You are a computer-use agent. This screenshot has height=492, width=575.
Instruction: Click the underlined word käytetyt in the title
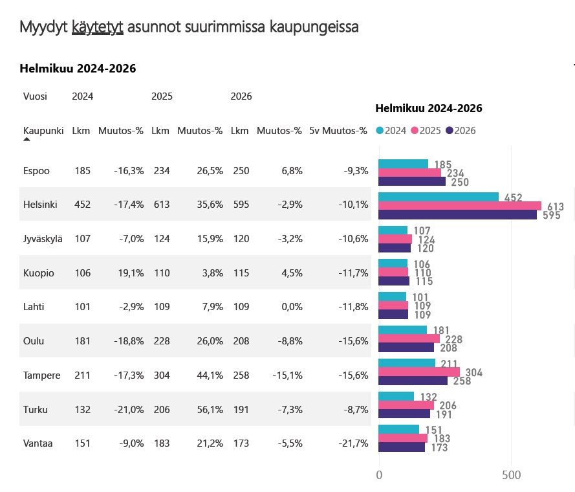(x=98, y=27)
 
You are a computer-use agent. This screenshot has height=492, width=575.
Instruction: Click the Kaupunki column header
(x=43, y=130)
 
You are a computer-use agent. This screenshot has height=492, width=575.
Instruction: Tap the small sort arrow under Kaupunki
(x=27, y=139)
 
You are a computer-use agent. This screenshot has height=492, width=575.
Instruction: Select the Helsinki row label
(x=40, y=205)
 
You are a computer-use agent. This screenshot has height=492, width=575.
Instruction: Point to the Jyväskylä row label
(x=43, y=239)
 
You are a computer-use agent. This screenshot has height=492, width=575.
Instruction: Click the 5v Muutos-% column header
(x=338, y=130)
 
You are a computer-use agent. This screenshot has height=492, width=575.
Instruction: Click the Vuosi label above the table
(x=35, y=96)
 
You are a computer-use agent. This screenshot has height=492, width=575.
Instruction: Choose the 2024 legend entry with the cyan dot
(x=391, y=131)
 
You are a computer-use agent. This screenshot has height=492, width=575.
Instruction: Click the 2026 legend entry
(x=461, y=131)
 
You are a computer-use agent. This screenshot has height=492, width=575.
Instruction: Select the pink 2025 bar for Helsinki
(x=459, y=206)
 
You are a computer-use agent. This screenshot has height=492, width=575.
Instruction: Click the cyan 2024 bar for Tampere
(x=406, y=363)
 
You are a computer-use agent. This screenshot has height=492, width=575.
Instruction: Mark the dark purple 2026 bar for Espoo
(x=411, y=181)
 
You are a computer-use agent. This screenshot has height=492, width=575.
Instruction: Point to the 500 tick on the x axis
(x=511, y=475)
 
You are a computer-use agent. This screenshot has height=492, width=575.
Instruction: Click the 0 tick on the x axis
(x=379, y=475)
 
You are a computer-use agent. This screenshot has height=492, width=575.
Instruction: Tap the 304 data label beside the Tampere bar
(x=473, y=373)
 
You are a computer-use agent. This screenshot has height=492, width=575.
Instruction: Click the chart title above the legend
(x=429, y=108)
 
